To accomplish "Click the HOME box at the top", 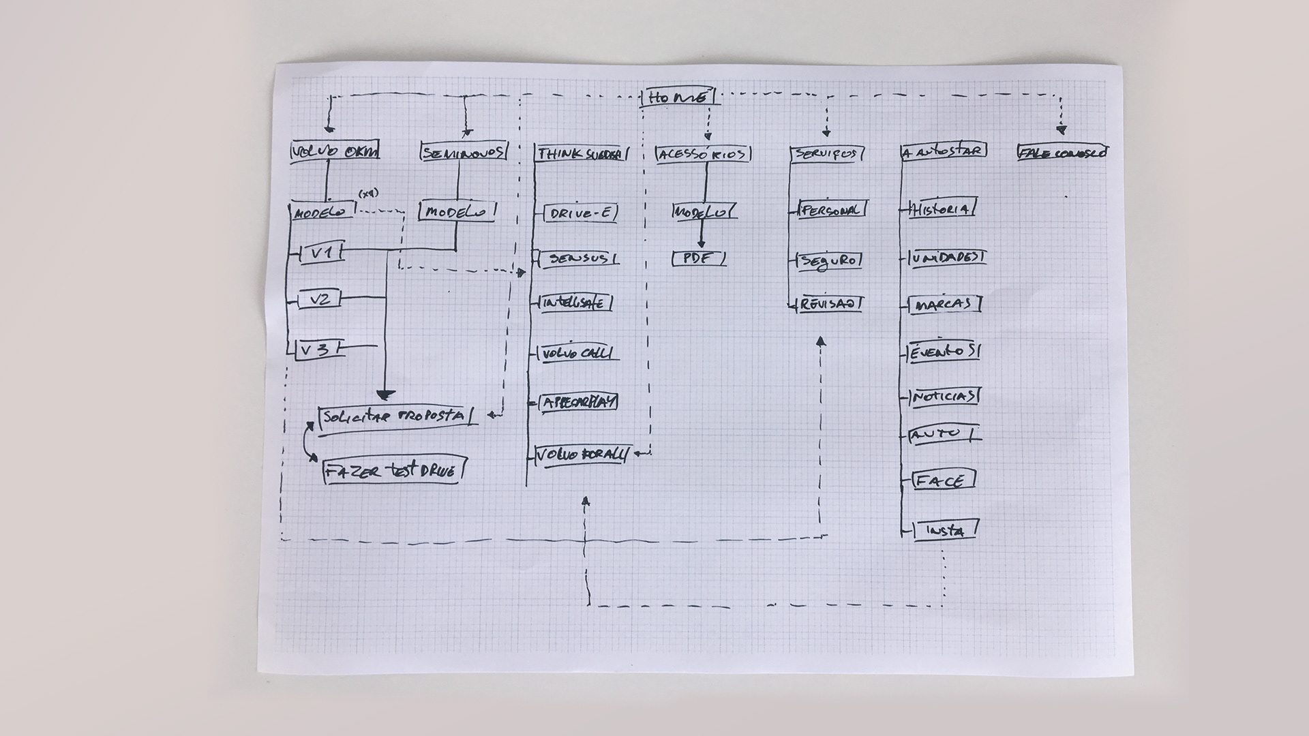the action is pyautogui.click(x=679, y=98).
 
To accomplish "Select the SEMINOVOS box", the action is pyautogui.click(x=464, y=153).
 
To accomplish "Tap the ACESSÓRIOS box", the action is pyautogui.click(x=704, y=155).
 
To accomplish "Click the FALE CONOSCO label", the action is pyautogui.click(x=1061, y=153).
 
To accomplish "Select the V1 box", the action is pyautogui.click(x=321, y=253).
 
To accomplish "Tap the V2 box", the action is pyautogui.click(x=320, y=298).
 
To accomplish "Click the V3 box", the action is pyautogui.click(x=318, y=350).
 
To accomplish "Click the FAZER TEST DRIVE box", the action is pyautogui.click(x=394, y=470).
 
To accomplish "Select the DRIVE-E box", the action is pyautogui.click(x=580, y=213).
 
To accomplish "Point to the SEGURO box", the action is pyautogui.click(x=829, y=260).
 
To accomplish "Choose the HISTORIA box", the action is pyautogui.click(x=942, y=209).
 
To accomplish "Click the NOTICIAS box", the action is pyautogui.click(x=944, y=397).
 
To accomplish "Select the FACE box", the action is pyautogui.click(x=941, y=480).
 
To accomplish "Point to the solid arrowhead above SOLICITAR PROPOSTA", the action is pyautogui.click(x=386, y=394).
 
